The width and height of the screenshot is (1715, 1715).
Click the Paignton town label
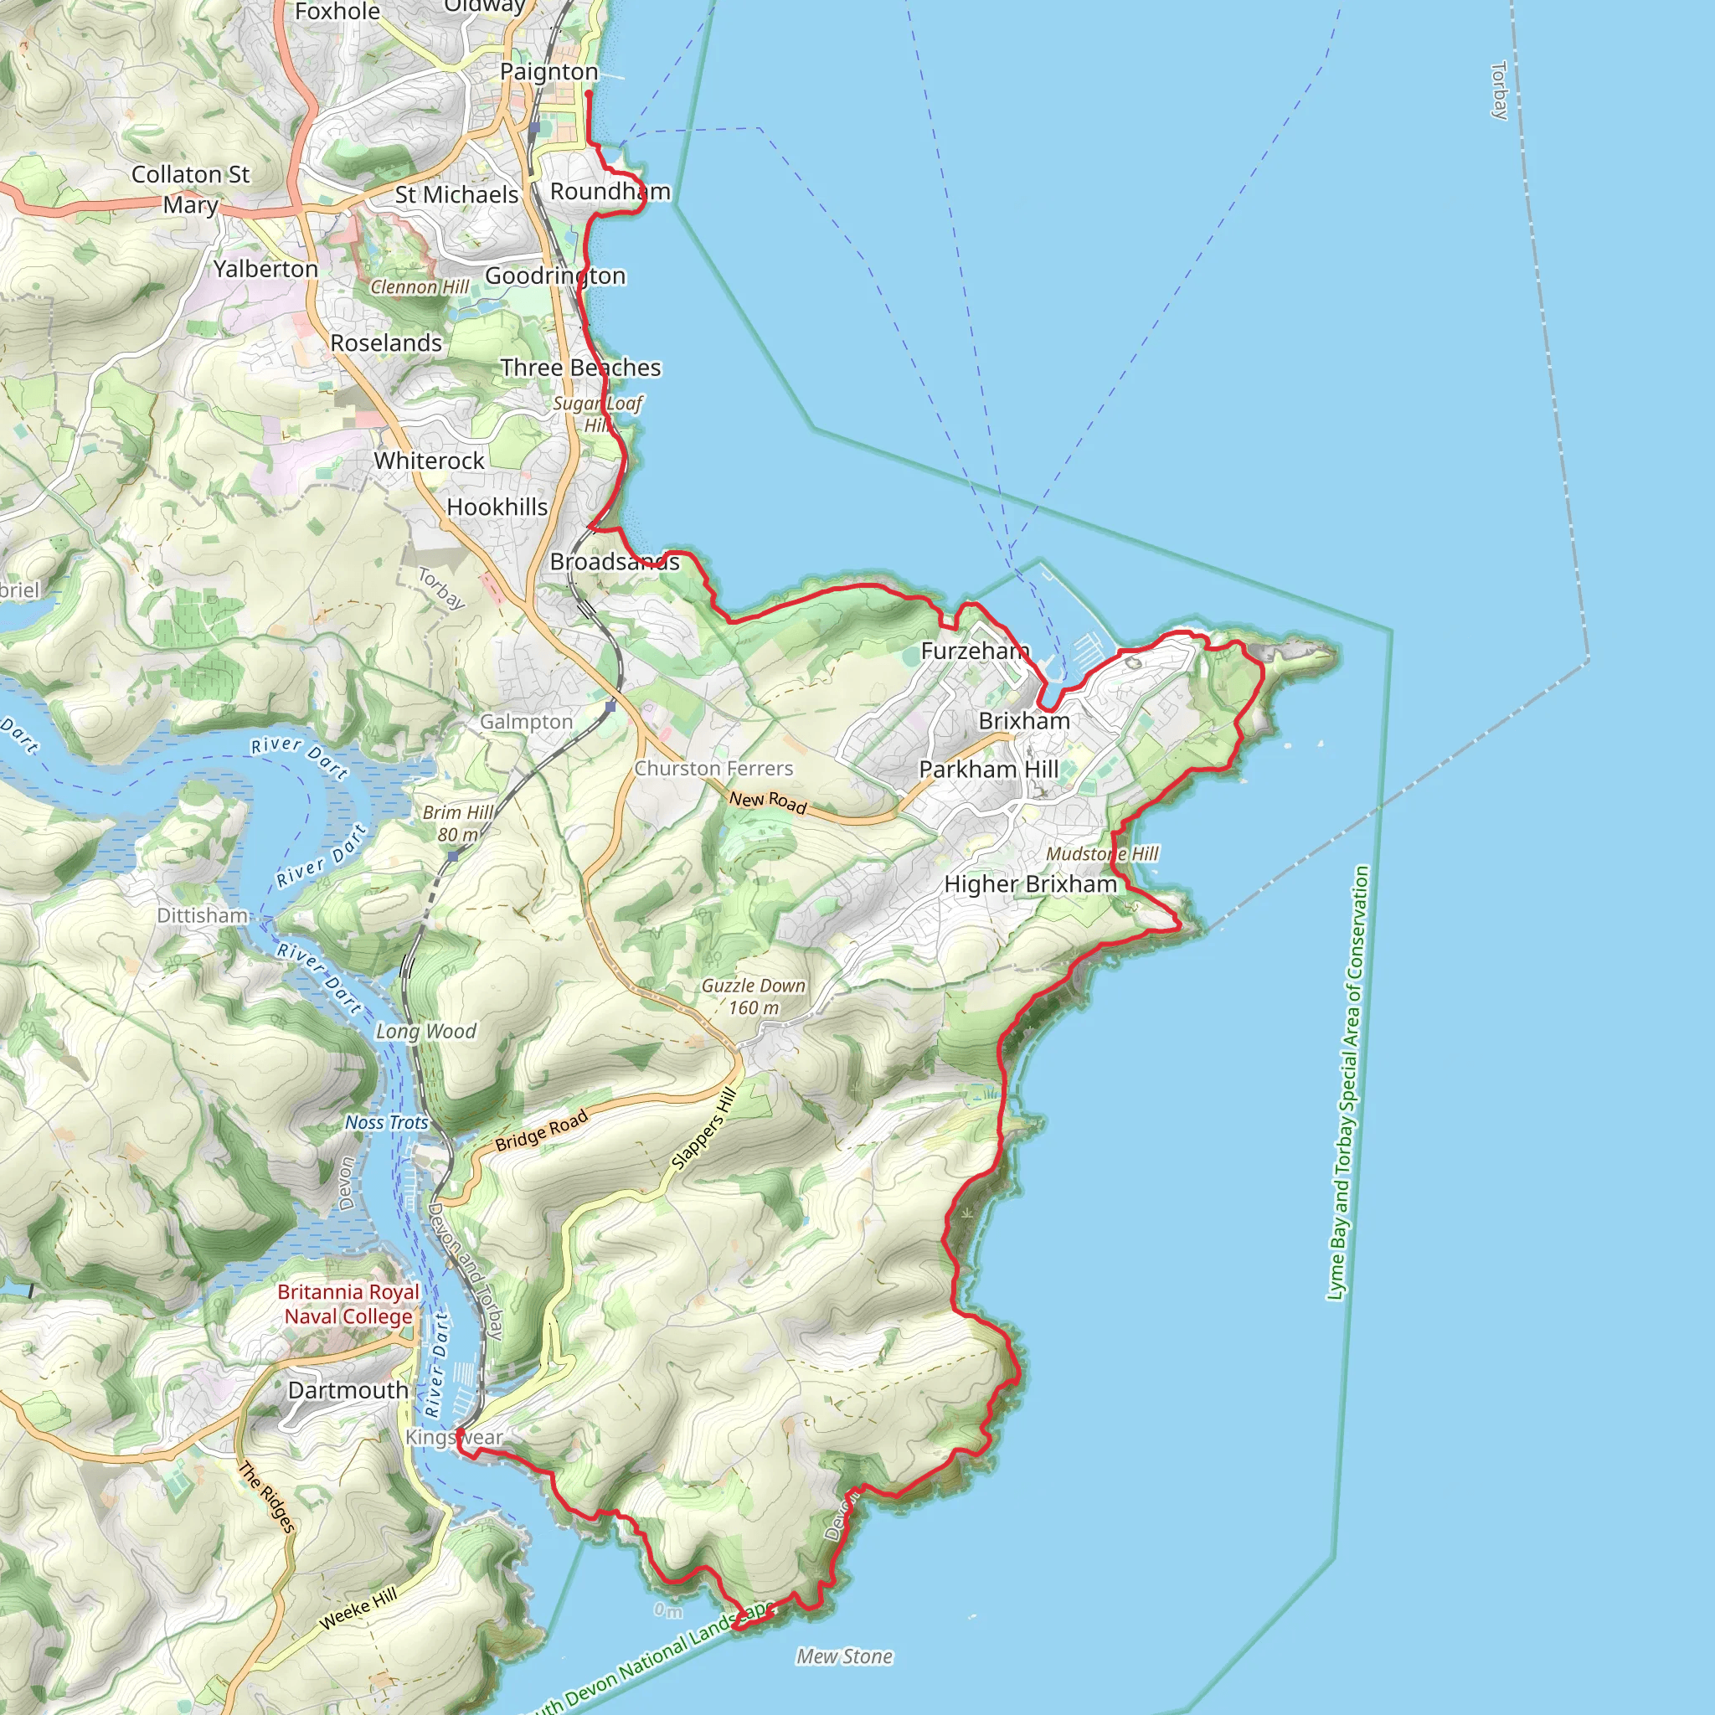coord(548,72)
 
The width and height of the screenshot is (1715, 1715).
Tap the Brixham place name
coord(1023,721)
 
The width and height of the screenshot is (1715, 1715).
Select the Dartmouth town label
coord(348,1390)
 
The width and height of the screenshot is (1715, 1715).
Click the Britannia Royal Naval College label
coord(348,1304)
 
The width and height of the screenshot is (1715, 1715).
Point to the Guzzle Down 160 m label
coord(753,996)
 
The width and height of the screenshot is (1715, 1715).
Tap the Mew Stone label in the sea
coord(844,1656)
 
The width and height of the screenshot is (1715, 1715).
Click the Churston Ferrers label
coord(713,768)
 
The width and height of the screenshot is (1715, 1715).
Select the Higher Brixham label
coord(1030,884)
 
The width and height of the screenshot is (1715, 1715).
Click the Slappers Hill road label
coord(704,1128)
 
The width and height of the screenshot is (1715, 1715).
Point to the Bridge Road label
coord(542,1130)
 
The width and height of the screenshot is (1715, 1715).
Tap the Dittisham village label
coord(203,915)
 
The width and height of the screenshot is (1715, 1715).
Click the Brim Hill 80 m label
coord(458,823)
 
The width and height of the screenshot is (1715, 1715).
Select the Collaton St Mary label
coord(191,189)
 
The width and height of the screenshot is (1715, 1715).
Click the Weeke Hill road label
coord(358,1609)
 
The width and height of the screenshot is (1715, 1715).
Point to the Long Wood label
coord(425,1031)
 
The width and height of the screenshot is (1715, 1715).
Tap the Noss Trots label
coord(386,1122)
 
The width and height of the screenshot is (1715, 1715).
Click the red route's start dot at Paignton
coord(589,93)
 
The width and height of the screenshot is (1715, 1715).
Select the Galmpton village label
coord(527,722)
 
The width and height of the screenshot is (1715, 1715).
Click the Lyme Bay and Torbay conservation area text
coord(1347,1083)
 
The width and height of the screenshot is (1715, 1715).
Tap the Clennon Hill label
coord(419,286)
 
